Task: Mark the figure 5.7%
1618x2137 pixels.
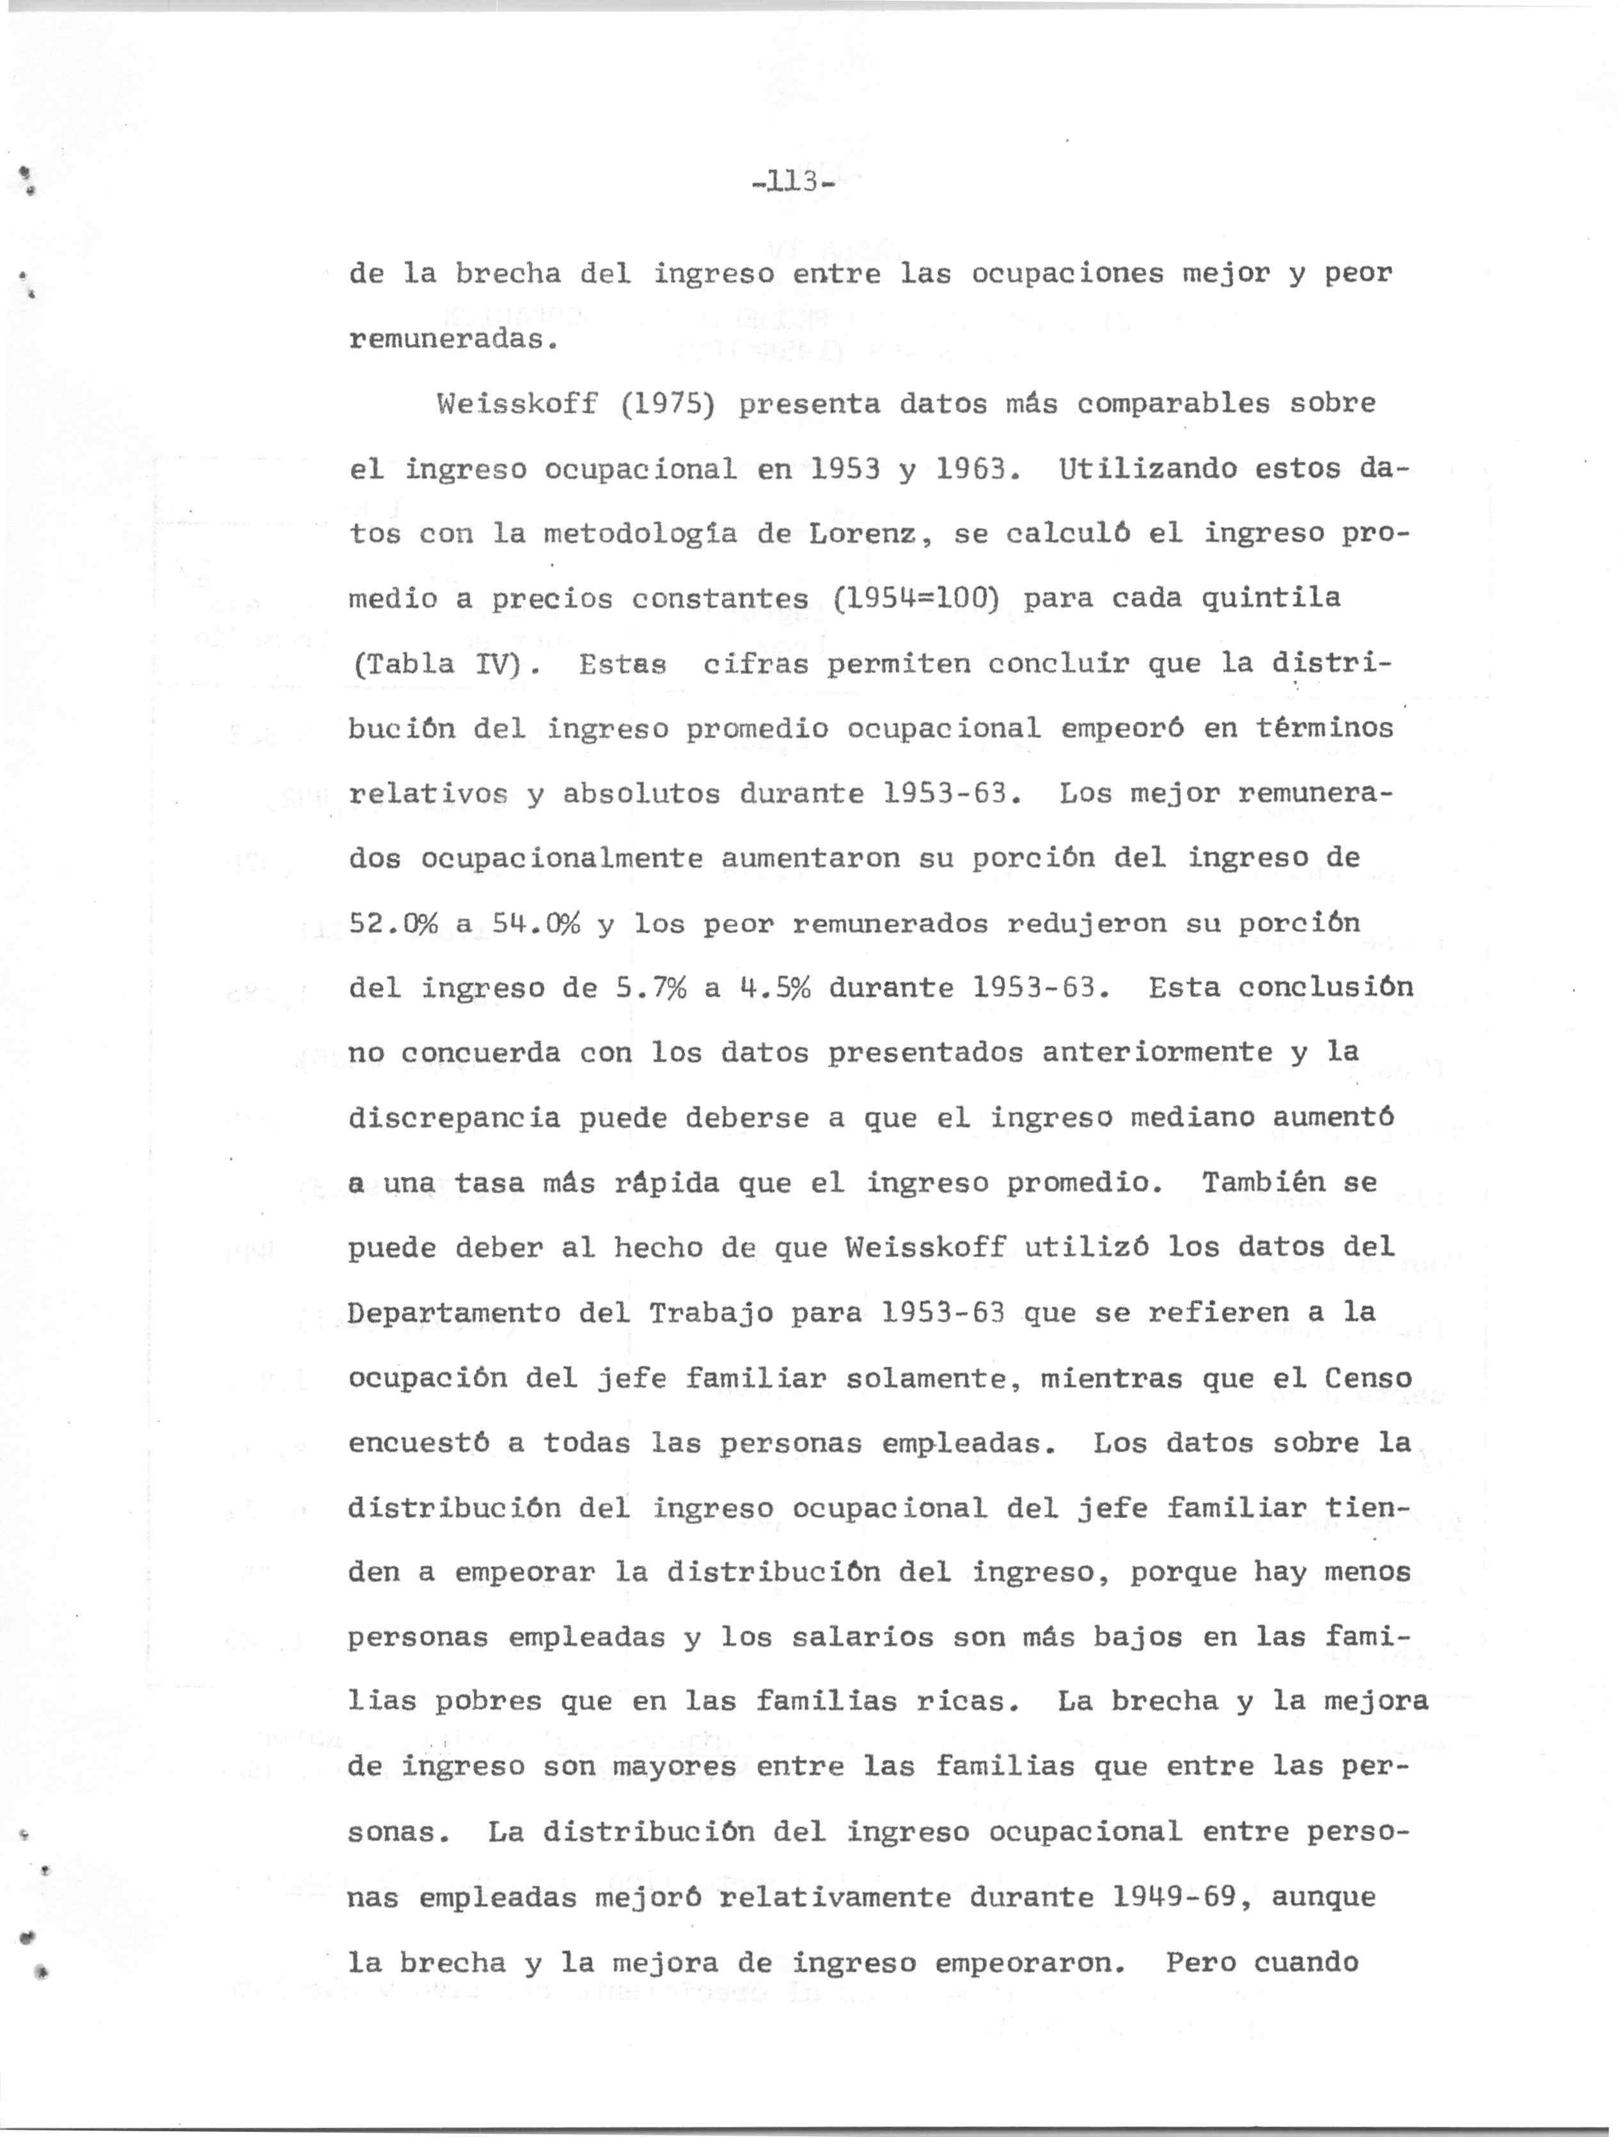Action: click(651, 989)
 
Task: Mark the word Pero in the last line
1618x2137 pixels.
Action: click(1200, 1963)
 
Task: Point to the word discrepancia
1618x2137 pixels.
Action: click(454, 1119)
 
